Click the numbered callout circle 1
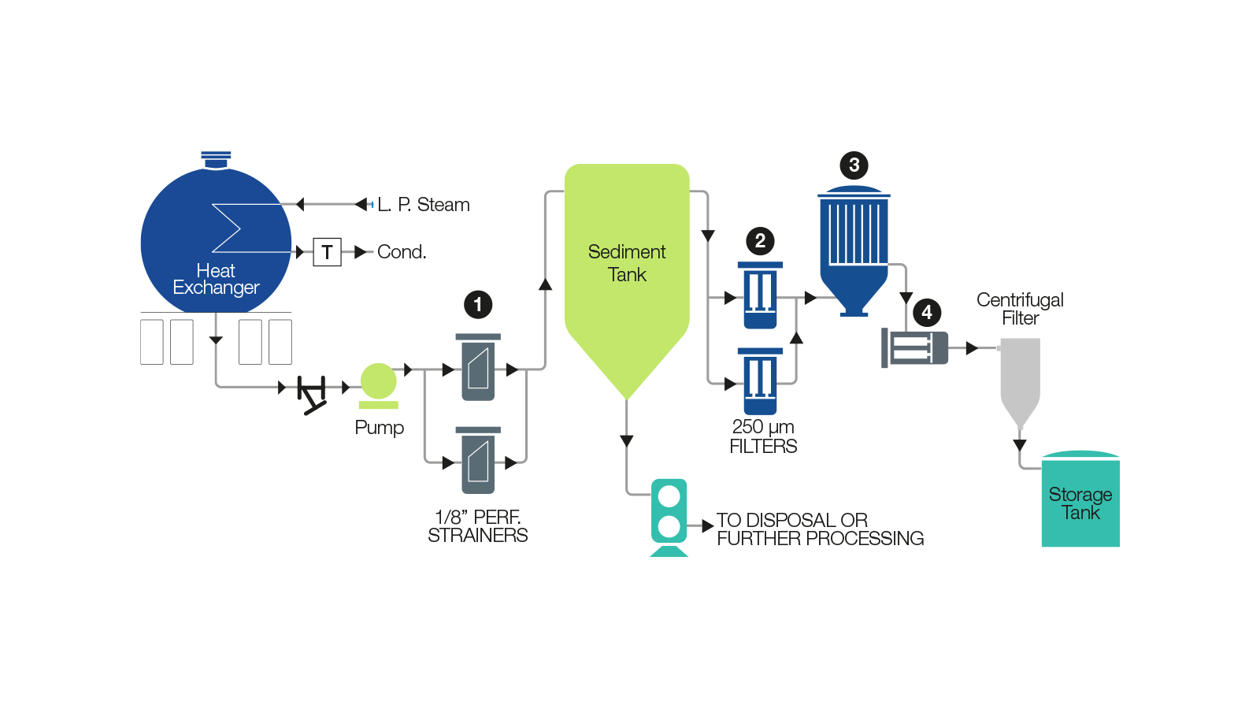pos(478,304)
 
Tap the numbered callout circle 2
pos(760,240)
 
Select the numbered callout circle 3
pos(854,165)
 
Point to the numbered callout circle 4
pos(927,313)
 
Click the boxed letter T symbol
pos(327,252)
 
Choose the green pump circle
pos(379,381)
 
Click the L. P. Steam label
pos(423,205)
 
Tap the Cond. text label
pos(402,252)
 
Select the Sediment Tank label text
pos(627,263)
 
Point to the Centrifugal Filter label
pos(1020,309)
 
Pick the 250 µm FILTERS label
pos(763,436)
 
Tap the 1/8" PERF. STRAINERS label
pos(478,526)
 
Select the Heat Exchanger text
pos(216,280)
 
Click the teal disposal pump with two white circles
pos(669,511)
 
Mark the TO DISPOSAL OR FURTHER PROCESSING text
pos(820,529)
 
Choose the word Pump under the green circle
pos(379,428)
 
